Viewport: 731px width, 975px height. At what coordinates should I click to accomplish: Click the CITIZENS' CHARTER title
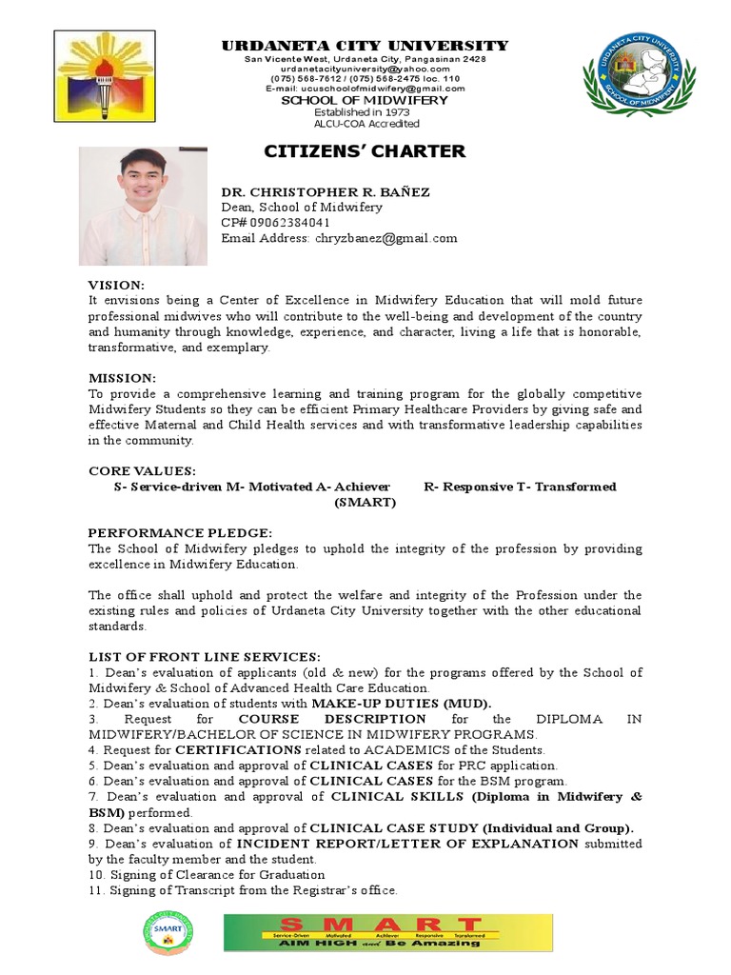[x=365, y=151]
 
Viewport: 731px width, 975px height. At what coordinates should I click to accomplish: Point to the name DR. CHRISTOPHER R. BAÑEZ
[x=326, y=191]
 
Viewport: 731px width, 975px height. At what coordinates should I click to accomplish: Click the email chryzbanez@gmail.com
[x=385, y=237]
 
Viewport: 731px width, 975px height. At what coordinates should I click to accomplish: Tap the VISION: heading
[x=116, y=286]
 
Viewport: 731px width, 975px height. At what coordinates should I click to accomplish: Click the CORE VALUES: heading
[x=142, y=471]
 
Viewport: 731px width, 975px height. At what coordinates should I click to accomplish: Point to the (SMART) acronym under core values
[x=365, y=502]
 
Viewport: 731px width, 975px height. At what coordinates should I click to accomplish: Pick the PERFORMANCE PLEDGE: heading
[x=180, y=533]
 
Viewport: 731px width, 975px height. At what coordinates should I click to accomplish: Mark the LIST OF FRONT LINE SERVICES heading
[x=205, y=657]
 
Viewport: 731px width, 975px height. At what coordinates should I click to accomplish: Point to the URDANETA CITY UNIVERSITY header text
[x=365, y=46]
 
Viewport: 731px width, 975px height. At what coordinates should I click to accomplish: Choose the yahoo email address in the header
[x=365, y=70]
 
